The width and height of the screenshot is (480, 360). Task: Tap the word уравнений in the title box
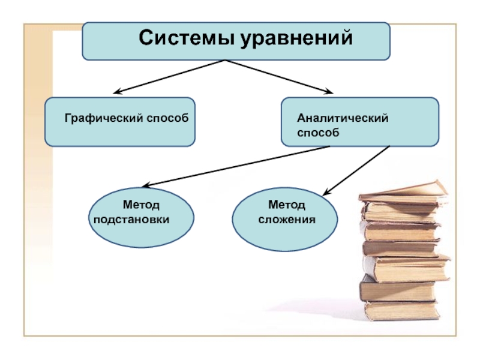pyautogui.click(x=295, y=40)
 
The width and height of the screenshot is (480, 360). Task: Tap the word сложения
pyautogui.click(x=287, y=219)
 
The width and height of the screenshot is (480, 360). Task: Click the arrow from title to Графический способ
pyautogui.click(x=168, y=77)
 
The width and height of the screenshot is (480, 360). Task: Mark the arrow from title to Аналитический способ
pyautogui.click(x=279, y=77)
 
